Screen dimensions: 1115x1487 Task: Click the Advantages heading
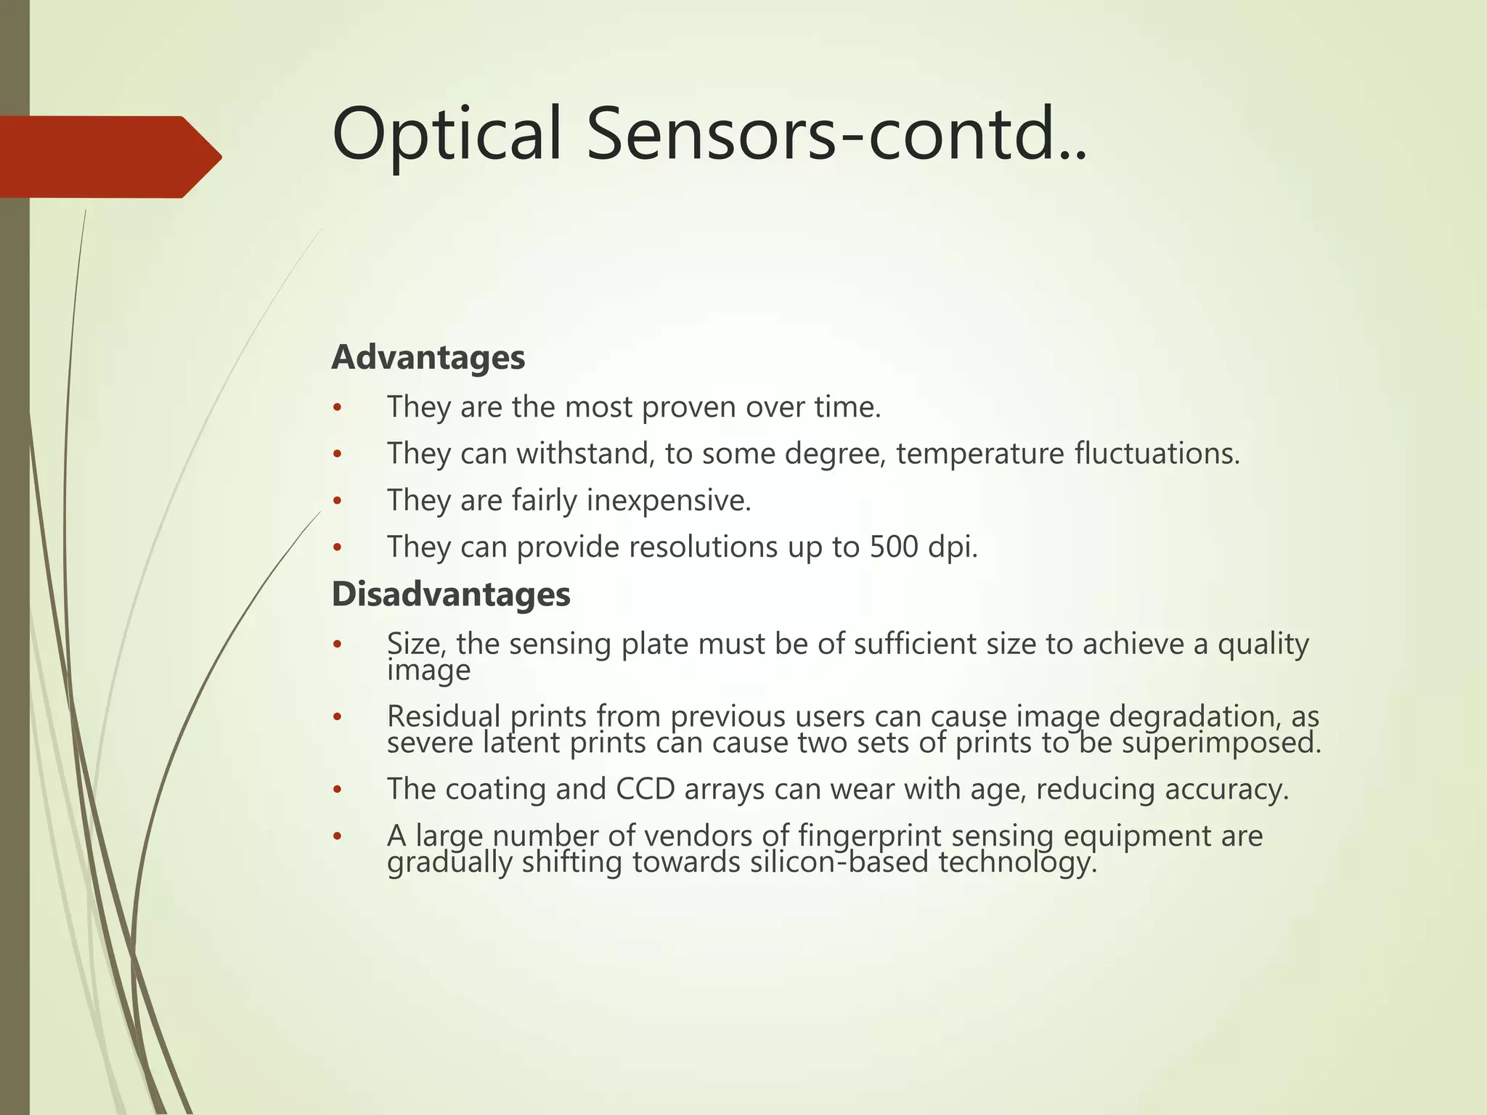tap(428, 358)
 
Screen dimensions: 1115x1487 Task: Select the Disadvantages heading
tap(450, 595)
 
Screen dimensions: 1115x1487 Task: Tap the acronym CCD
tap(645, 790)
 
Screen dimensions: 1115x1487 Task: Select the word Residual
tap(444, 716)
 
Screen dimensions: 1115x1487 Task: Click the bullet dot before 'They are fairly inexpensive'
tap(336, 502)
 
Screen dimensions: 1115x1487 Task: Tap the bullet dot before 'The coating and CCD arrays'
tap(336, 790)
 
